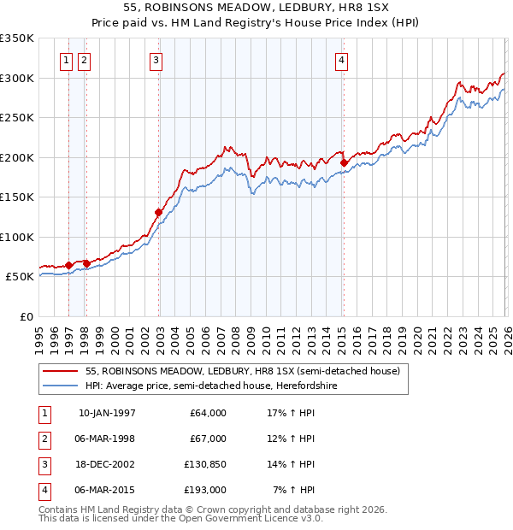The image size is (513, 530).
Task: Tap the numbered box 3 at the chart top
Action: pos(156,60)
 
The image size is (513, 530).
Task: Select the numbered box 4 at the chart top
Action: pos(341,60)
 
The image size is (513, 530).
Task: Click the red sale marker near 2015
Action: pos(343,162)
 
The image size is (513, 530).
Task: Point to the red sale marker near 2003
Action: pos(159,212)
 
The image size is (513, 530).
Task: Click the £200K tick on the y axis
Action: pos(17,157)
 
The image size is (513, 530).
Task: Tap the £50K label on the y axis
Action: pos(20,277)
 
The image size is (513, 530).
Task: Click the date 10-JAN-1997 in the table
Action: pos(107,413)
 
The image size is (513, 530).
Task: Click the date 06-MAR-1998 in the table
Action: pos(107,439)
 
